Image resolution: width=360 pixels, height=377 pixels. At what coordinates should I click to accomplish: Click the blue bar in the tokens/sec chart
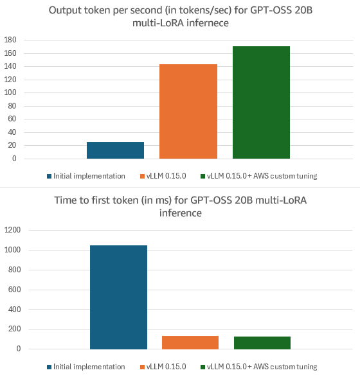115,150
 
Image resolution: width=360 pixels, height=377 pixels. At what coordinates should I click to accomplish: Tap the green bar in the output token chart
261,102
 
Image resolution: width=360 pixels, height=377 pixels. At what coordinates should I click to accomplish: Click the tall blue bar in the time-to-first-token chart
118,297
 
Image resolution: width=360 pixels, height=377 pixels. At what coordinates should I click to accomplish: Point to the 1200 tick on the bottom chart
13,230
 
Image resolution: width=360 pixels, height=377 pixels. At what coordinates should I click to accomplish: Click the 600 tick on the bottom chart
15,290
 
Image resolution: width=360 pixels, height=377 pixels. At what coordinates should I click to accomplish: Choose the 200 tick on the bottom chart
15,329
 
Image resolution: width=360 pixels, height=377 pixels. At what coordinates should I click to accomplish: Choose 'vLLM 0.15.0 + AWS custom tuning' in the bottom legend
262,367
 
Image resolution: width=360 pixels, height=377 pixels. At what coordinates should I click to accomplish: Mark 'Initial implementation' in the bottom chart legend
89,367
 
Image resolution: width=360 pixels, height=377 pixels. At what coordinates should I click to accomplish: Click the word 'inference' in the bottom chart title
180,213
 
